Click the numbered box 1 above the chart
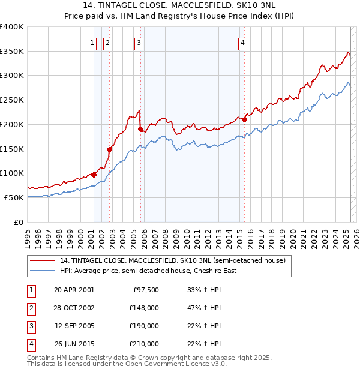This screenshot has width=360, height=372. [92, 43]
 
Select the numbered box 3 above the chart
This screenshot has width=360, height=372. [139, 43]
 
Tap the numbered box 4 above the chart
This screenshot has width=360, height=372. [242, 43]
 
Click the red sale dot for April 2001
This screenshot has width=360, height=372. [94, 175]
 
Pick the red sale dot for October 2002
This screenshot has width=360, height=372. [109, 150]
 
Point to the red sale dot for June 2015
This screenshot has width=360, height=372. [245, 119]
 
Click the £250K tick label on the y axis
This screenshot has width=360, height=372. [12, 100]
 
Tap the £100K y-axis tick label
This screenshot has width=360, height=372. [12, 173]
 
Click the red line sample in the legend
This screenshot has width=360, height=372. [42, 261]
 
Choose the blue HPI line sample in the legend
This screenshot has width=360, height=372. [42, 271]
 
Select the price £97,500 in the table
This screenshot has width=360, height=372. [146, 290]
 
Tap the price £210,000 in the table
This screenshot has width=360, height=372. [144, 344]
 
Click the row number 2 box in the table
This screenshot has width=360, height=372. [31, 308]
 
